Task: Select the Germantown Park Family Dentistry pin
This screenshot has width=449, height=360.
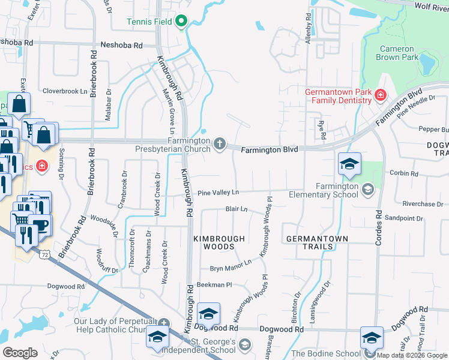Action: [379, 95]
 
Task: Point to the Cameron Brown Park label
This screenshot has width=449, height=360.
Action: [395, 53]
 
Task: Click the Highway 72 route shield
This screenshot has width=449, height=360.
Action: [44, 256]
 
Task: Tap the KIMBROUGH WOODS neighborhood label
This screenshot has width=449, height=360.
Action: [219, 242]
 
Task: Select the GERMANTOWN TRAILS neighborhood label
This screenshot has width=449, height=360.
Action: [309, 242]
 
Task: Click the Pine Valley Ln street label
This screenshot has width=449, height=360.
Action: [218, 192]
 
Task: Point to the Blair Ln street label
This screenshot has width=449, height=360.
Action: [237, 209]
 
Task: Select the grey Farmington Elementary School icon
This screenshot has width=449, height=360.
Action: [367, 190]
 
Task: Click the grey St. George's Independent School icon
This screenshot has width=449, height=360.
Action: [244, 344]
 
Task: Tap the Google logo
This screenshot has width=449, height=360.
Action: [20, 353]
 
